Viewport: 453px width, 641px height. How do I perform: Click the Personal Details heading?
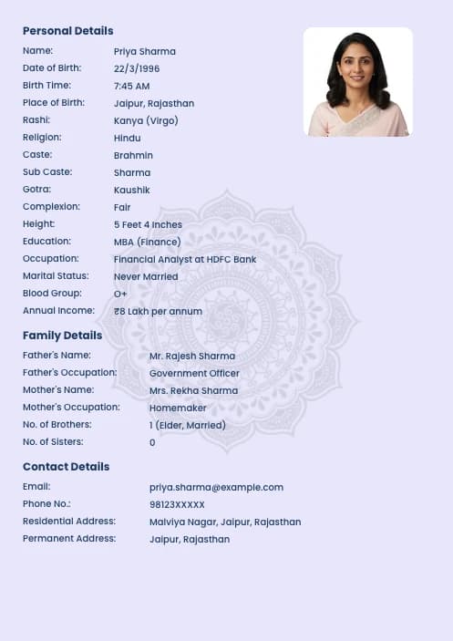point(67,31)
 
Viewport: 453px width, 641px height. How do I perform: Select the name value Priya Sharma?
point(144,52)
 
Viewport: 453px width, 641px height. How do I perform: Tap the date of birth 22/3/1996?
point(137,68)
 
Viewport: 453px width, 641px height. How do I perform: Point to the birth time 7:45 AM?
point(131,86)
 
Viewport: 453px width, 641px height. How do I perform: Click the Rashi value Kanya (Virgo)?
point(146,120)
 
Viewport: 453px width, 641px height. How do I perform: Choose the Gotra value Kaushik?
point(131,190)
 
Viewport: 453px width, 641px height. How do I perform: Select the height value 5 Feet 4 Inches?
point(148,224)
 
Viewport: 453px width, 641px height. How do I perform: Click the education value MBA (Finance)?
point(147,242)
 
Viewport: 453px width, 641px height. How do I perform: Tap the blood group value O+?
point(120,294)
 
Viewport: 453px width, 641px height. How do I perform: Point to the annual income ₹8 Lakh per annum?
point(158,311)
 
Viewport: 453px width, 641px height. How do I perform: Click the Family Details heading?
point(62,336)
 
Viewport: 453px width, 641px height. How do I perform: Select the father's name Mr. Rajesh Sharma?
point(191,356)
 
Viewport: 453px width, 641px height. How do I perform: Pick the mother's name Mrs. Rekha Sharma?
point(193,390)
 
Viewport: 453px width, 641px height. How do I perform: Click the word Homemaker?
point(178,408)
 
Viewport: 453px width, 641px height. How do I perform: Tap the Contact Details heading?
point(66,467)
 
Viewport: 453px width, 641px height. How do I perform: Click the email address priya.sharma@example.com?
point(216,487)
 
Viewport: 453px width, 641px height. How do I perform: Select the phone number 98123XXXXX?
point(177,504)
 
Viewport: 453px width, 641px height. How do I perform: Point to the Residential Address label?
point(69,522)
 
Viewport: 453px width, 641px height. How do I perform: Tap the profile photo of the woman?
point(357,82)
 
